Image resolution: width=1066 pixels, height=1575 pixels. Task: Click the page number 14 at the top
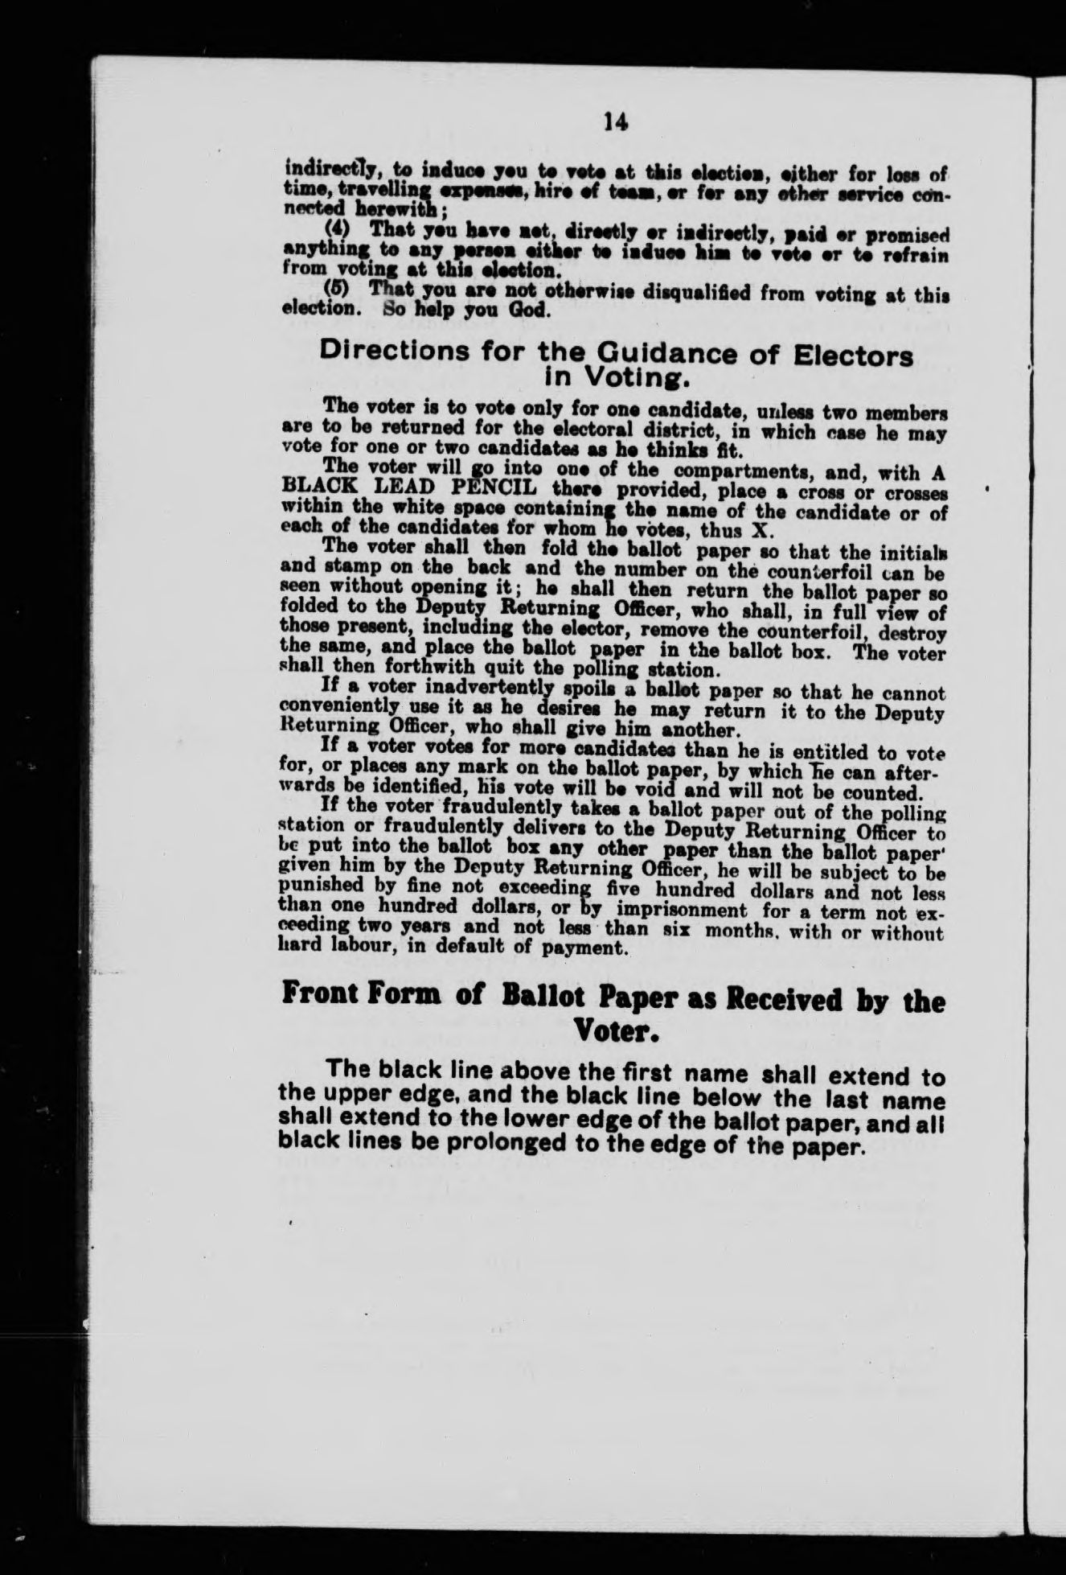pyautogui.click(x=616, y=121)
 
